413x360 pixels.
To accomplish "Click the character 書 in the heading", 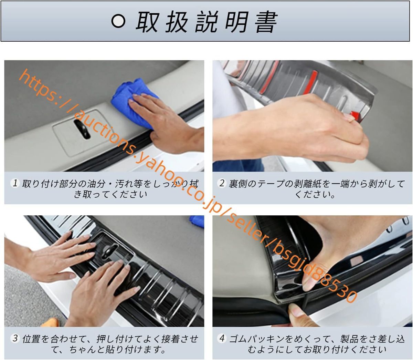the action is point(266,22).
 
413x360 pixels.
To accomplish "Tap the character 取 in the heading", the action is point(147,22).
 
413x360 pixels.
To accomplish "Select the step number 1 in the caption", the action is point(15,183).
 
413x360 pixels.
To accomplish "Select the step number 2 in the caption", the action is point(222,183).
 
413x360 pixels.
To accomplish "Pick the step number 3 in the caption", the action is point(15,338).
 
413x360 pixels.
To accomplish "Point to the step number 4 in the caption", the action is point(222,338).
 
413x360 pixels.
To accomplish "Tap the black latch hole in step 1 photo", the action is point(82,129).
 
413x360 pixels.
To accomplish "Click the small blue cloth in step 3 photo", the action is point(197,222).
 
